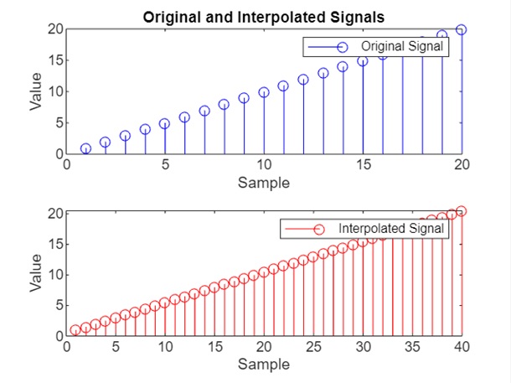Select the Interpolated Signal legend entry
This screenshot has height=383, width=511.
pyautogui.click(x=393, y=229)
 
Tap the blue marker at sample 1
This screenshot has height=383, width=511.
pyautogui.click(x=85, y=148)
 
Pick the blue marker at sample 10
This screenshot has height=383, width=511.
pyautogui.click(x=264, y=93)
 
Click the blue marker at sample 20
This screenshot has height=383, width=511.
pyautogui.click(x=462, y=29)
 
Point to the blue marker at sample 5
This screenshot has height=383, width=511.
pyautogui.click(x=165, y=123)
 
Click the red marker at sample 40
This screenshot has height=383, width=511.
pyautogui.click(x=462, y=211)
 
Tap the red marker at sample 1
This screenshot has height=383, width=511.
pyautogui.click(x=76, y=330)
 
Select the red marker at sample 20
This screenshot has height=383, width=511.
pyautogui.click(x=264, y=272)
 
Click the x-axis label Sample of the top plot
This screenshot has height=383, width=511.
pyautogui.click(x=264, y=182)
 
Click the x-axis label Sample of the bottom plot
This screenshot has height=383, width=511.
pyautogui.click(x=264, y=364)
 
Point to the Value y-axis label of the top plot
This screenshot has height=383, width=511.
pyautogui.click(x=36, y=92)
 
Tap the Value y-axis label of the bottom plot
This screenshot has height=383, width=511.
pyautogui.click(x=36, y=274)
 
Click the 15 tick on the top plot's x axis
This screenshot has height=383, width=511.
pyautogui.click(x=363, y=165)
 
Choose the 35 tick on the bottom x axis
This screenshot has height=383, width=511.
pyautogui.click(x=412, y=347)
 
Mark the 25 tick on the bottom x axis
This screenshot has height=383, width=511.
pyautogui.click(x=313, y=347)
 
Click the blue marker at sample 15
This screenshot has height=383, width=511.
pyautogui.click(x=363, y=61)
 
